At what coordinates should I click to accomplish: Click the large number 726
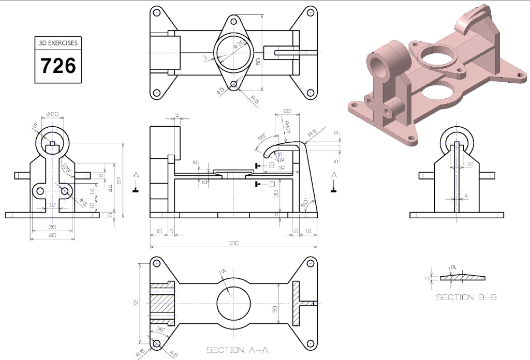coord(58,66)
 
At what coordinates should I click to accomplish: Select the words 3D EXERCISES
coord(58,43)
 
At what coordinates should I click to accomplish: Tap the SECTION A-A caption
coord(237,350)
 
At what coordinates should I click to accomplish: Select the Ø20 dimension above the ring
coord(52,114)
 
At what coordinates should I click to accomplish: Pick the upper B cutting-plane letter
coord(271,166)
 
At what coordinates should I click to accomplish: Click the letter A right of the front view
coord(334,175)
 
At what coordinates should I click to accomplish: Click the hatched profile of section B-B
coord(463,278)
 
